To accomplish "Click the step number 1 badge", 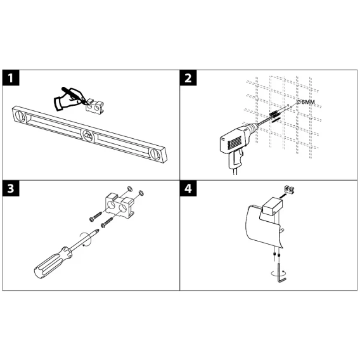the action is point(11,78).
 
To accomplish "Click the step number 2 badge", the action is point(188,78).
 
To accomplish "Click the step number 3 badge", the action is point(11,188).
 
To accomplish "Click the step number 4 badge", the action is point(188,188).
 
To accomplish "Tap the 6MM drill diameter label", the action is point(306,102).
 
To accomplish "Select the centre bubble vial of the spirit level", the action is point(88,136).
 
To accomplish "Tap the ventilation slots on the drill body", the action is point(234,141).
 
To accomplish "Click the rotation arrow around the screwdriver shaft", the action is point(86,239).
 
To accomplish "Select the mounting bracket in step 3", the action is point(120,205).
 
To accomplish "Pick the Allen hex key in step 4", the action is point(281,273).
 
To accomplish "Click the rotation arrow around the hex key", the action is point(278,274).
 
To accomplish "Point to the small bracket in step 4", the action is point(289,190).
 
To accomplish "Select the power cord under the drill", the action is point(235,172).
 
